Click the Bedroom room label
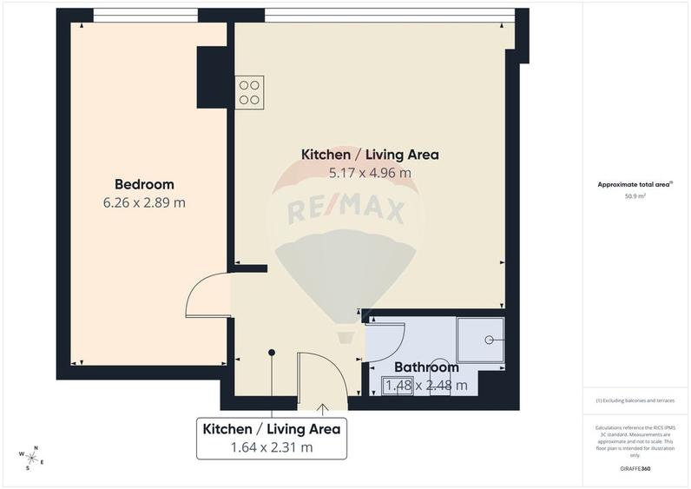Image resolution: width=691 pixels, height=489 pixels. point(144,184)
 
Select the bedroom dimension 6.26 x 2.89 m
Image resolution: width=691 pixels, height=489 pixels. point(144,202)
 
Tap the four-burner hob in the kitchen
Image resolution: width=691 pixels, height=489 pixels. point(250,92)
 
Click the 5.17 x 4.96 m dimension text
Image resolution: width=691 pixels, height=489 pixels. point(370,173)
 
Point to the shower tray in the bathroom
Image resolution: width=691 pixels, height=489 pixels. point(480,339)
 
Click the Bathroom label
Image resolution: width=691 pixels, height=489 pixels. point(426,367)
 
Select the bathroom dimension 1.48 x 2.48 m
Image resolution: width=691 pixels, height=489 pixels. point(426,386)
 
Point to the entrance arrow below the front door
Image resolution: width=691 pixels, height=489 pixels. point(323,407)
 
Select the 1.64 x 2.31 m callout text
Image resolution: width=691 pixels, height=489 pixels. point(271,448)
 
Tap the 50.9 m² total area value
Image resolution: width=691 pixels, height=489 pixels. point(635,196)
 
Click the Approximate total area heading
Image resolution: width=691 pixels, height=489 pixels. point(635,184)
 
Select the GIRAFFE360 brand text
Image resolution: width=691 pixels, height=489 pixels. point(635,469)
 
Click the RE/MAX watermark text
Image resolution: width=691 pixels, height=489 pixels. point(346,210)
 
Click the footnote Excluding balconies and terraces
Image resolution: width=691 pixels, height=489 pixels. point(635,400)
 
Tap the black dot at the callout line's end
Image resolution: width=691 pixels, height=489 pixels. point(272,353)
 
